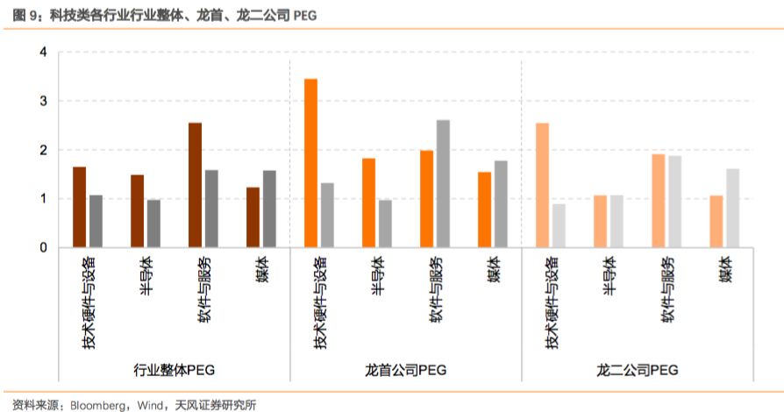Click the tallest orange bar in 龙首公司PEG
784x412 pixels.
(x=310, y=163)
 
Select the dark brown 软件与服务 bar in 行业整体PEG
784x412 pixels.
(x=195, y=185)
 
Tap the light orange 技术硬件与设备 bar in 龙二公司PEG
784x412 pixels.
(x=542, y=185)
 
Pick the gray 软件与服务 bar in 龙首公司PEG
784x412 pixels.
(x=443, y=183)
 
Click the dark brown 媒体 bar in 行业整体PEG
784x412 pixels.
(x=253, y=217)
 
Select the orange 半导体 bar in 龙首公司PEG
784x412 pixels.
(x=368, y=202)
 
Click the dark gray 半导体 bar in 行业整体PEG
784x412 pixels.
(x=153, y=224)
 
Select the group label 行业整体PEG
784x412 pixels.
(x=174, y=370)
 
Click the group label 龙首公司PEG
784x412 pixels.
(x=406, y=370)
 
